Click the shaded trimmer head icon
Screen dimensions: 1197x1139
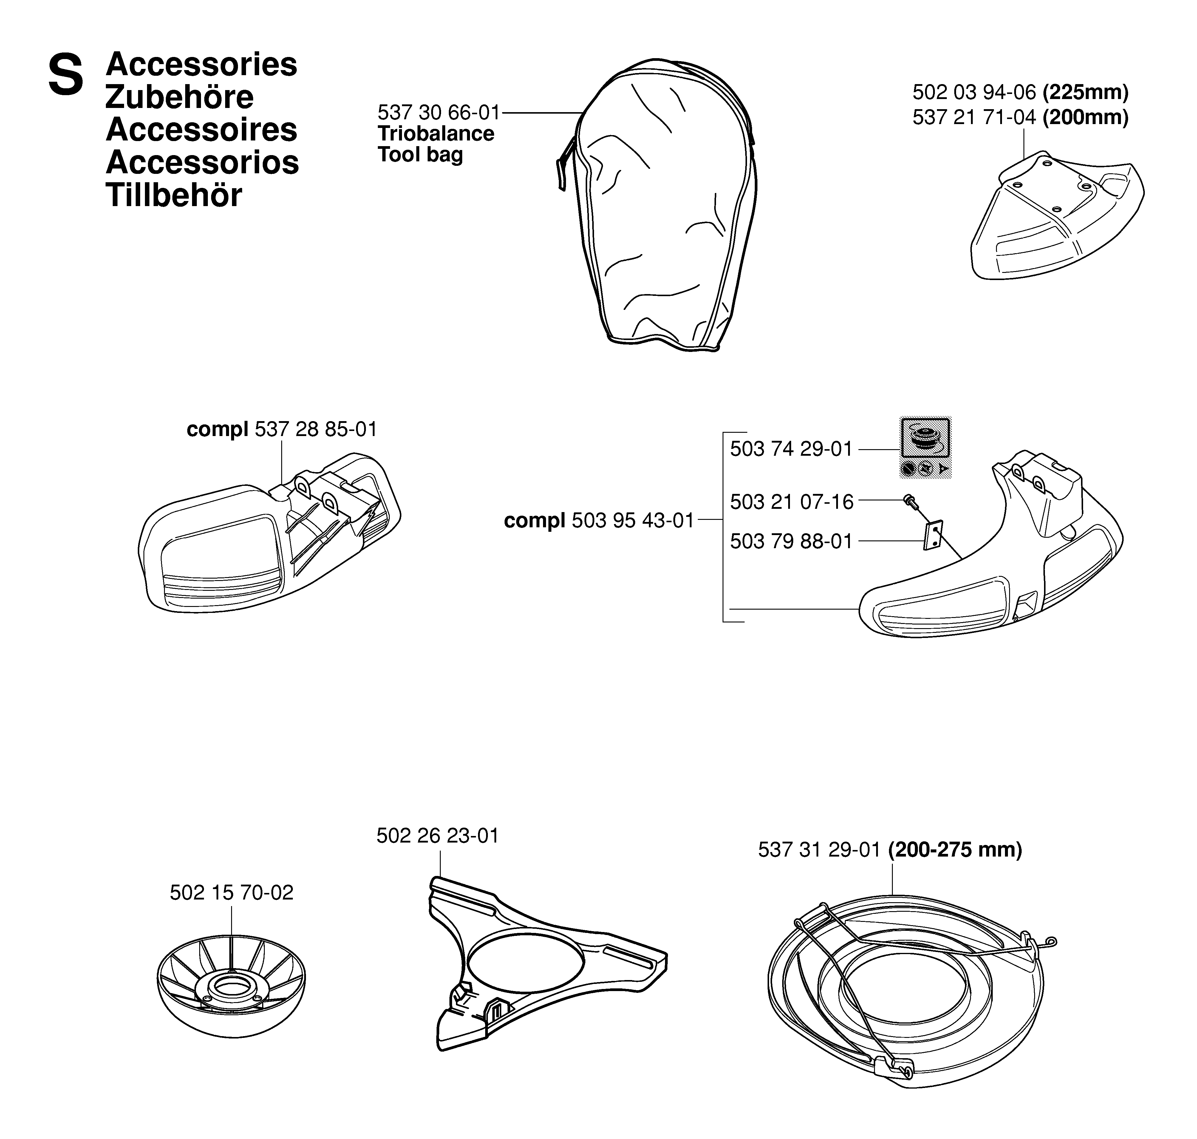tap(925, 447)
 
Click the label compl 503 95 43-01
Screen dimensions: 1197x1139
tap(599, 520)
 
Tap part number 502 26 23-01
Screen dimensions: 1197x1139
tap(438, 836)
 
